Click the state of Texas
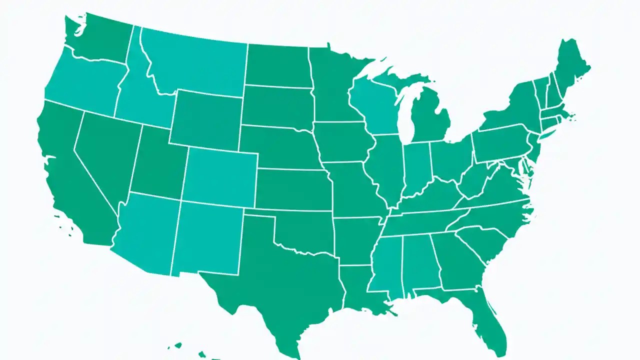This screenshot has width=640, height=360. [x=280, y=280]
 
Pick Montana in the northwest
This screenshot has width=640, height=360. [x=195, y=65]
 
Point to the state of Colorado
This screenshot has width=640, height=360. [x=220, y=175]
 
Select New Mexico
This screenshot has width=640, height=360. [x=207, y=240]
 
